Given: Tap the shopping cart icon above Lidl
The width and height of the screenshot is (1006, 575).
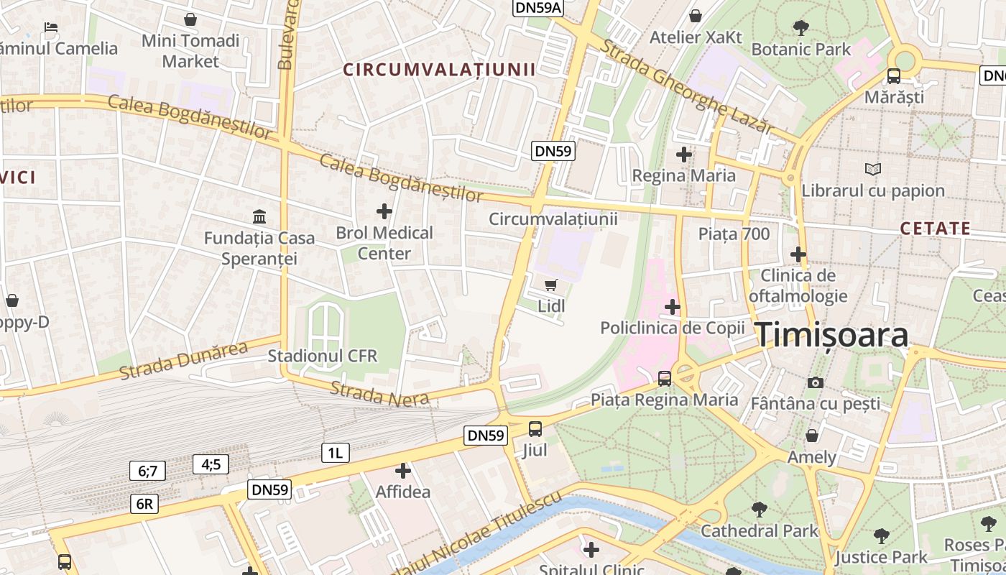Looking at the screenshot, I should [x=551, y=285].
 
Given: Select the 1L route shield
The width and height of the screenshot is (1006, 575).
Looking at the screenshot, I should [x=335, y=452].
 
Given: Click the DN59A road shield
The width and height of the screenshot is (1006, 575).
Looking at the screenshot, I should [x=538, y=7].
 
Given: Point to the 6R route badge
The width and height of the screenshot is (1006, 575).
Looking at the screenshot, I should [x=144, y=504].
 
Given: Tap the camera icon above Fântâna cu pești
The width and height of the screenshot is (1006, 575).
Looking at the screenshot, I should [x=815, y=382].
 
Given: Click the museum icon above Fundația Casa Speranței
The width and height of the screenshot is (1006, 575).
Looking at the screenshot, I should [x=259, y=216].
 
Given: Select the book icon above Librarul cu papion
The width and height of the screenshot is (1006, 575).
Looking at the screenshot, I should [x=873, y=170].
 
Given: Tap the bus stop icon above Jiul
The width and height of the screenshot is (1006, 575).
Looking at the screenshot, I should [x=535, y=429].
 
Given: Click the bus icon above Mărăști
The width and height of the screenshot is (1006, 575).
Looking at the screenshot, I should [x=894, y=75].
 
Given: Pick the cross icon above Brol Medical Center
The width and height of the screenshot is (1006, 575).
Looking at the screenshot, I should [x=384, y=211].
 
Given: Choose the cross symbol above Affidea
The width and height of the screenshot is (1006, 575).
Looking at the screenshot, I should [x=403, y=471].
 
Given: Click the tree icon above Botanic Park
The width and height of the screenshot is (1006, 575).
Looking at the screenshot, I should [x=800, y=28].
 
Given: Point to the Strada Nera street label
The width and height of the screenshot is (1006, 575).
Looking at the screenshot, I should [x=379, y=393].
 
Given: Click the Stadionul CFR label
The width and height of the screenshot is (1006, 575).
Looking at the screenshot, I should [x=322, y=356].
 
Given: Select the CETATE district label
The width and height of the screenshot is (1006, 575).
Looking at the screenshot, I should [x=935, y=229].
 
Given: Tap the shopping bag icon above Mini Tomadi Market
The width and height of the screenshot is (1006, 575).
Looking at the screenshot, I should [x=190, y=19].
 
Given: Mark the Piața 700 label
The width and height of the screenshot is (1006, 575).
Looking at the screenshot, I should [x=734, y=234].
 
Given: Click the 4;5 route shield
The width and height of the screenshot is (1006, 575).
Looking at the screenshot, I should [x=211, y=464].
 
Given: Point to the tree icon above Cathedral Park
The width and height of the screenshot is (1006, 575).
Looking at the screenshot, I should [x=759, y=510].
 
